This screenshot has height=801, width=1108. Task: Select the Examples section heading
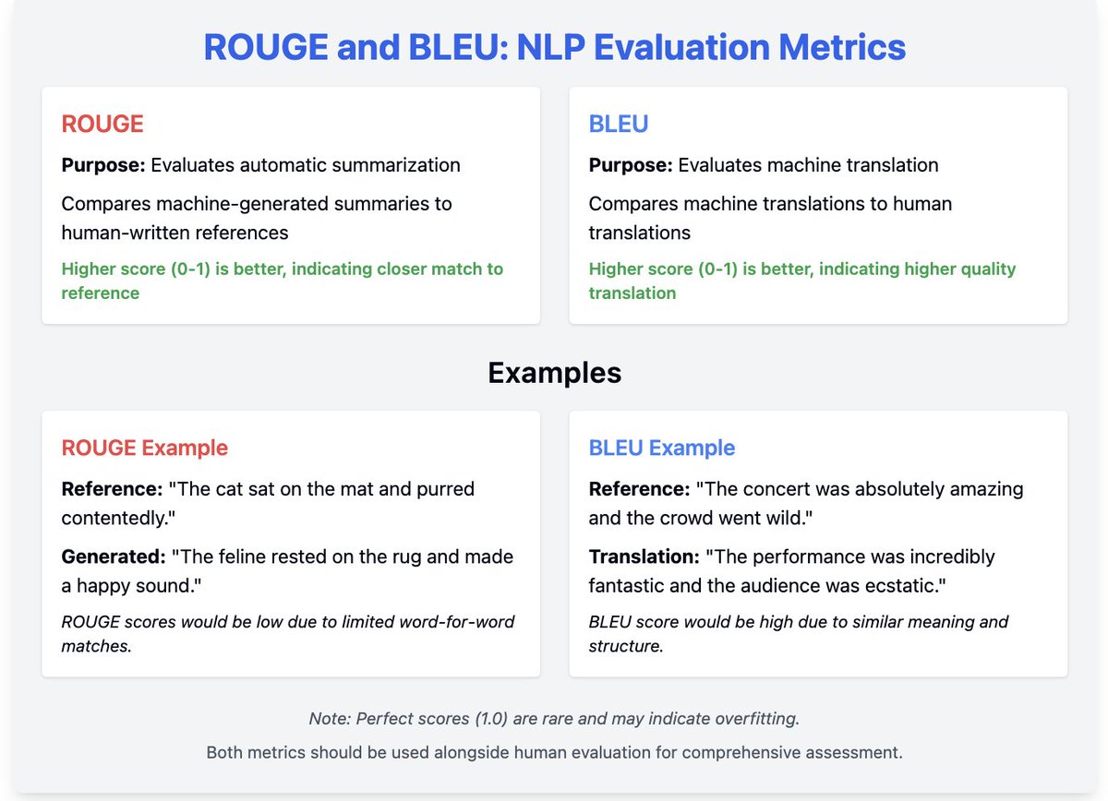[x=554, y=373]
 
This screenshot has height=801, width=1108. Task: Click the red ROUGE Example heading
[x=145, y=448]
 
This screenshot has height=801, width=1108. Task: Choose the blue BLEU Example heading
[x=662, y=448]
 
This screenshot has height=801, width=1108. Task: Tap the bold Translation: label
[x=644, y=557]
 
